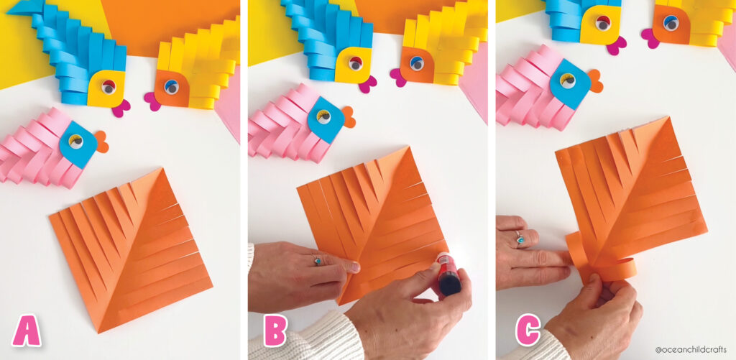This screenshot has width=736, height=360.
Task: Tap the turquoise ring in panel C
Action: (520, 238)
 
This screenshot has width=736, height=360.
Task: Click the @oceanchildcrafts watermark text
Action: (691, 349)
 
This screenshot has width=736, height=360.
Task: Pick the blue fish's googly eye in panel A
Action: (109, 86)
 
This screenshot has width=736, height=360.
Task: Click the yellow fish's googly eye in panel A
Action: (171, 87)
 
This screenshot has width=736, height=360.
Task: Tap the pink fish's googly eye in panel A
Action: (75, 141)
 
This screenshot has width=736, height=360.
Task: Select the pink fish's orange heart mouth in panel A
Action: (101, 142)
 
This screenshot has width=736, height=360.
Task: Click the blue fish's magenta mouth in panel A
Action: (120, 108)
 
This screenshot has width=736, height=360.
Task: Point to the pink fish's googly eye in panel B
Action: (323, 116)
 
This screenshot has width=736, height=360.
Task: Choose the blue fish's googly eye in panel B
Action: (355, 63)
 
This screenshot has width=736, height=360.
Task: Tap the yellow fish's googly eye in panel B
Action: (416, 63)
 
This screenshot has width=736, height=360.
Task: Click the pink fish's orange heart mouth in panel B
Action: (349, 117)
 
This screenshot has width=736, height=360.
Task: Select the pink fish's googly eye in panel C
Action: (568, 80)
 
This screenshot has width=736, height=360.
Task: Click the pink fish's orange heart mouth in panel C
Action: (594, 80)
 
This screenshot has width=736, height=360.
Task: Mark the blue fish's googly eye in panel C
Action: (603, 22)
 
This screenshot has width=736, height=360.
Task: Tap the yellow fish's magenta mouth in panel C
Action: (650, 38)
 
